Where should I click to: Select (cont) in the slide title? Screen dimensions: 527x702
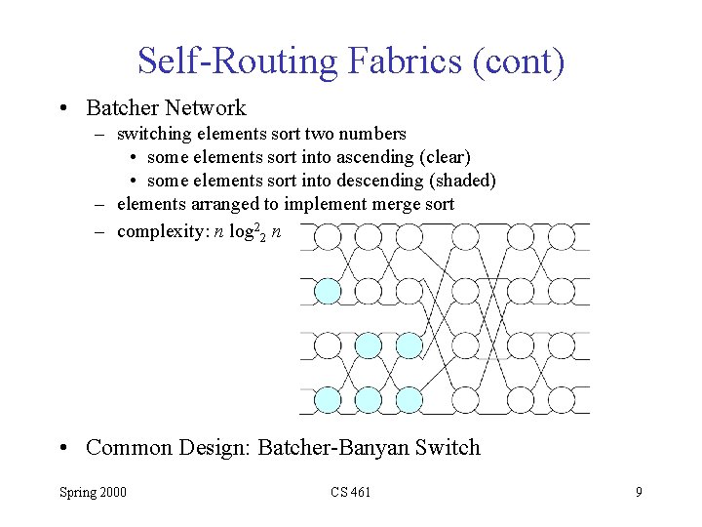[x=518, y=61]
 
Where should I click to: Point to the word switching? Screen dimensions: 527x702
[x=155, y=133]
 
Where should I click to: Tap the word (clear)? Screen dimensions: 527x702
[x=446, y=156]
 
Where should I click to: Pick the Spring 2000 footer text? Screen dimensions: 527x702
[x=93, y=492]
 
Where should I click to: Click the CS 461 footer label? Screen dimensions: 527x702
[x=350, y=492]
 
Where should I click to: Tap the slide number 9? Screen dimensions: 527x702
[x=639, y=492]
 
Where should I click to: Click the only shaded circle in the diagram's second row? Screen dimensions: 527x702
[x=327, y=291]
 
